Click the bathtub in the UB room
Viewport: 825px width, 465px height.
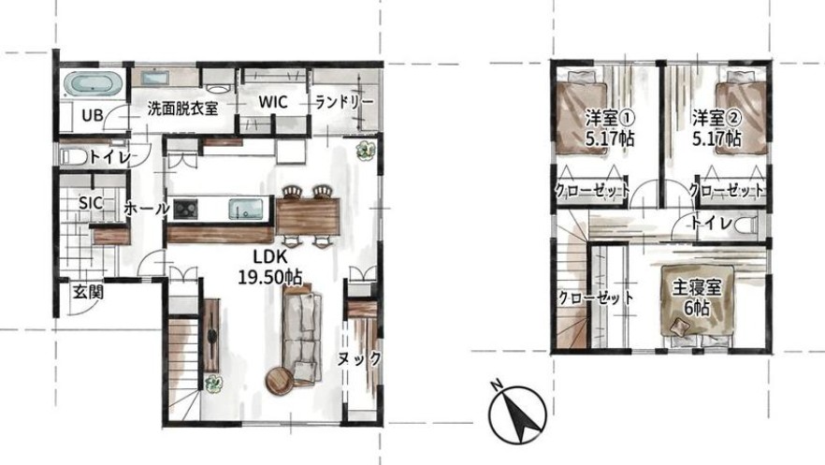pyautogui.click(x=94, y=84)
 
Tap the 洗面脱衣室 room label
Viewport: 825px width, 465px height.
pyautogui.click(x=182, y=109)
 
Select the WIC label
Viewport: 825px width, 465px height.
pyautogui.click(x=273, y=102)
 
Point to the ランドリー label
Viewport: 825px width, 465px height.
pyautogui.click(x=344, y=102)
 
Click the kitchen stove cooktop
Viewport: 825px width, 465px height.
pyautogui.click(x=185, y=210)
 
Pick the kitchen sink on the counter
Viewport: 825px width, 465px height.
pyautogui.click(x=246, y=209)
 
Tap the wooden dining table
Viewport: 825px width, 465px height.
pyautogui.click(x=308, y=216)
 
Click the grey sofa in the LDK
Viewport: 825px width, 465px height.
pyautogui.click(x=301, y=336)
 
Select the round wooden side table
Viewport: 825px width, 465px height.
pyautogui.click(x=280, y=381)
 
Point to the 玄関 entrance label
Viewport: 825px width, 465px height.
pyautogui.click(x=87, y=292)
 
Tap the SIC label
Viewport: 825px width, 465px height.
pyautogui.click(x=91, y=203)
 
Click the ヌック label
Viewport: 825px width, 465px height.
pyautogui.click(x=359, y=359)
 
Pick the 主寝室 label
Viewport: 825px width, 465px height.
pyautogui.click(x=697, y=288)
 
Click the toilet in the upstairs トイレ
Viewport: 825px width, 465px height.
pyautogui.click(x=747, y=225)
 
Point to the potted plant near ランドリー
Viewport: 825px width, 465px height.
pyautogui.click(x=365, y=151)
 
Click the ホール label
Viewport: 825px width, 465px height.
pyautogui.click(x=147, y=210)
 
